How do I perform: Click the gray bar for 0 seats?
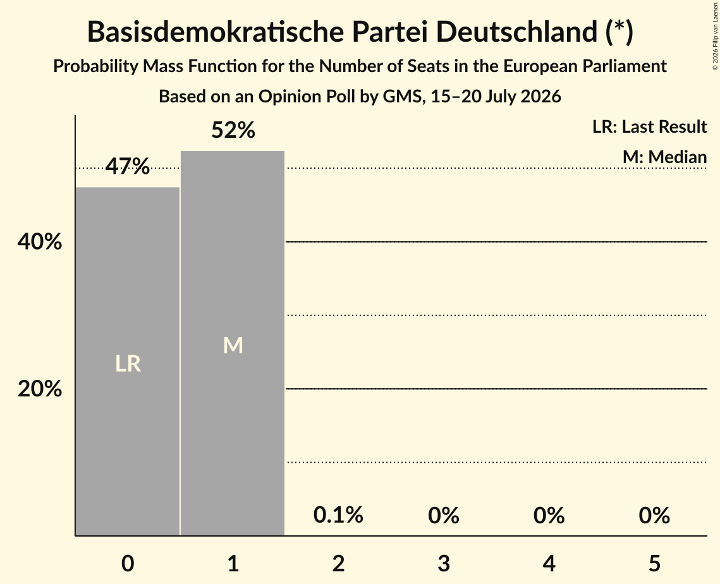(128, 361)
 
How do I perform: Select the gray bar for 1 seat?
(233, 343)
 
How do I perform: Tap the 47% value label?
(128, 166)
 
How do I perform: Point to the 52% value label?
(233, 130)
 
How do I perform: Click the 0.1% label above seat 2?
(338, 514)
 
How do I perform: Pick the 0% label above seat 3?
(444, 515)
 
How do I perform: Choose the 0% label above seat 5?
(654, 515)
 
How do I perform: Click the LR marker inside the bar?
(128, 363)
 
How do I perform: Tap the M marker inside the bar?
(233, 345)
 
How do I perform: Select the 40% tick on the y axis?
(39, 241)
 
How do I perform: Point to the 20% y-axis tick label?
(39, 389)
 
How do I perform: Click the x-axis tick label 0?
(128, 563)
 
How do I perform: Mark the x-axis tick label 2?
(338, 563)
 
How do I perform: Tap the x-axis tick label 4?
(549, 563)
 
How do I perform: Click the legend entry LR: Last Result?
(649, 126)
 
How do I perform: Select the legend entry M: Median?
(664, 157)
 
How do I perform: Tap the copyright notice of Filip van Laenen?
(715, 37)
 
